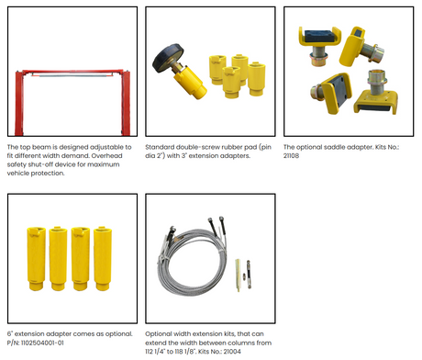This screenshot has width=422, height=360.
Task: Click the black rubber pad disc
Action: point(168,58)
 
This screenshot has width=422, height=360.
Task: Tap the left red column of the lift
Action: point(19,103)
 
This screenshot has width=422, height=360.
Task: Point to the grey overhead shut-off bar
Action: point(72,74)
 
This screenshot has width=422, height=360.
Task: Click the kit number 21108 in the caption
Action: point(291,156)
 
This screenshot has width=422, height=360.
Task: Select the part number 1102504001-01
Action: point(42,343)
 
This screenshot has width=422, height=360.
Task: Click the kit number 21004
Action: point(232,352)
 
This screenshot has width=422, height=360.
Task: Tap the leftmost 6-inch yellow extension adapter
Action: point(36,259)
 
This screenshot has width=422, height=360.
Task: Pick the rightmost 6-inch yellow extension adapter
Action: point(103,259)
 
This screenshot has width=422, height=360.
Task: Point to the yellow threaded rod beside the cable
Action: point(238,276)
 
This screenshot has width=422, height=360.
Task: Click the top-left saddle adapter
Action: point(319,45)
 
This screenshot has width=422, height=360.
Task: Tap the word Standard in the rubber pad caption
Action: point(160,147)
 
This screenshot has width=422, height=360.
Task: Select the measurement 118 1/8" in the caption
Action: point(185,352)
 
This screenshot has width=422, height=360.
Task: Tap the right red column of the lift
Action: point(126,103)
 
